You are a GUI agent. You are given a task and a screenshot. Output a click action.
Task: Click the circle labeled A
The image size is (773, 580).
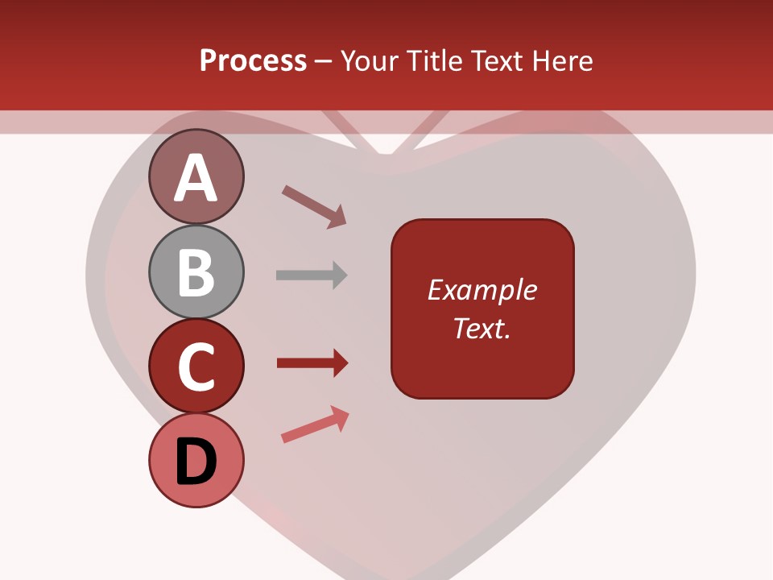coord(196,176)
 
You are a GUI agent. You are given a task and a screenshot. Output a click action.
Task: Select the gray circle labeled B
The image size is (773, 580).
coord(196,271)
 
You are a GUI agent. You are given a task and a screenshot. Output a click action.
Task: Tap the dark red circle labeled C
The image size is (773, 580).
coord(196,367)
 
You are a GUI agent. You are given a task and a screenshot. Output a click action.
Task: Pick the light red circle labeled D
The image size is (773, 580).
coord(196,460)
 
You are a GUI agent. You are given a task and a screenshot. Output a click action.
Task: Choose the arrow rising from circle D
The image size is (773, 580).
coord(315,425)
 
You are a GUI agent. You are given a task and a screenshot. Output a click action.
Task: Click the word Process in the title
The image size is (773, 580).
coord(253,60)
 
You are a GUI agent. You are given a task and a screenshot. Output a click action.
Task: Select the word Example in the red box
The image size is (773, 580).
coord(482,290)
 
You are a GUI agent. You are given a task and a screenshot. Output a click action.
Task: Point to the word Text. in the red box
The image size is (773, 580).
coord(482,328)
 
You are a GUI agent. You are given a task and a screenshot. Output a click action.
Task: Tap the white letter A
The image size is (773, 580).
coord(196,178)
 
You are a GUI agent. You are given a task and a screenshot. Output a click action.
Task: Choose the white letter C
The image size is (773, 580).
coord(196,367)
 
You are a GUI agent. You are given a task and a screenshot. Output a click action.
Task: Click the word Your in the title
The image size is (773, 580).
coord(368,60)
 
